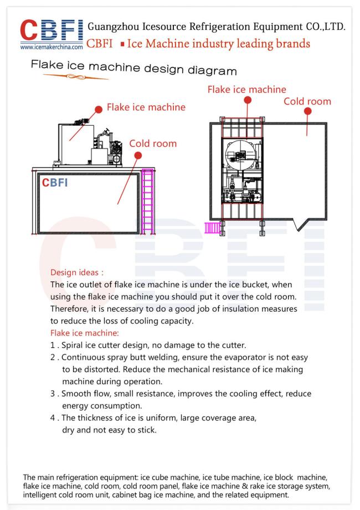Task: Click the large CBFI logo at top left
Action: pos(52,30)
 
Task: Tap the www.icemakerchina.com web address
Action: pos(52,47)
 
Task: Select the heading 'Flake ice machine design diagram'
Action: pos(133,68)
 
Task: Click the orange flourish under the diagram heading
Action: pos(75,77)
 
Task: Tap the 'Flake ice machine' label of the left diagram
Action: pos(146,107)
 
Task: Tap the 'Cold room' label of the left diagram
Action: pos(153,143)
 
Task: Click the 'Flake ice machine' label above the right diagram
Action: pos(247,90)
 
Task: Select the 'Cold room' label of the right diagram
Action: pos(307,101)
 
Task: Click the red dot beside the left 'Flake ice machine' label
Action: pos(99,109)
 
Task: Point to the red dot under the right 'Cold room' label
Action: pos(307,111)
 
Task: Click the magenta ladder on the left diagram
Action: pos(148,202)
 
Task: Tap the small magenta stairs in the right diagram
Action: pos(212,228)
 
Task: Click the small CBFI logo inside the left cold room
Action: pos(55,183)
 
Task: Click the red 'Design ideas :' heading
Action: pos(77,272)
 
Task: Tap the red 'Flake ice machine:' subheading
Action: pos(85,333)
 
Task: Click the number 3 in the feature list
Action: pos(53,394)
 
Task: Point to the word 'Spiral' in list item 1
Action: pos(72,346)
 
